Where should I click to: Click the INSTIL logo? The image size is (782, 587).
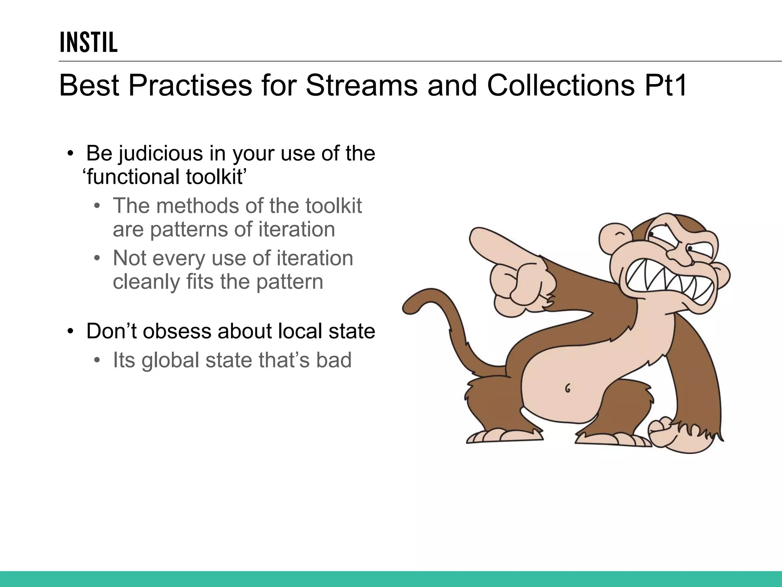click(89, 42)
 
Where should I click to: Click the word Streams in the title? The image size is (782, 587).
click(361, 85)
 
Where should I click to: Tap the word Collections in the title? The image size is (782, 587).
click(561, 85)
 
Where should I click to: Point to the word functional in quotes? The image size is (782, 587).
click(133, 177)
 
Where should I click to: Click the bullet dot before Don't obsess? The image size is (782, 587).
click(70, 331)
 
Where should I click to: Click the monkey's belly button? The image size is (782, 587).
click(568, 389)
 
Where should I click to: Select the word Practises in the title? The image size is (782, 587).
click(190, 85)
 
